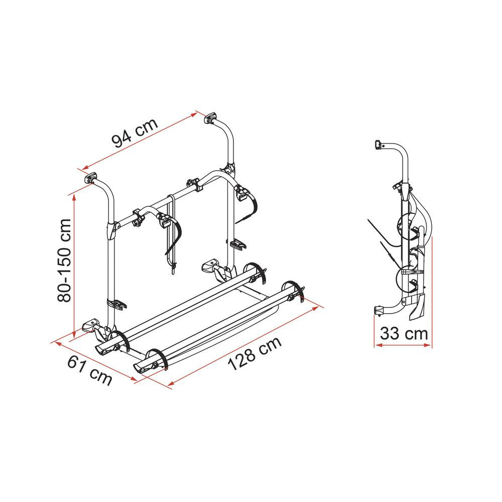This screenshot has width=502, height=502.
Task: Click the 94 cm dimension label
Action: click(x=135, y=132)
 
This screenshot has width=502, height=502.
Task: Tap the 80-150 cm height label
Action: click(x=64, y=261)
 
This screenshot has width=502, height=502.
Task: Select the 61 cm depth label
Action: click(x=90, y=370)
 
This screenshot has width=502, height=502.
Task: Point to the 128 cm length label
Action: click(x=255, y=353)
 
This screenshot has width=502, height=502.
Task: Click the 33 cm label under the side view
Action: click(x=404, y=334)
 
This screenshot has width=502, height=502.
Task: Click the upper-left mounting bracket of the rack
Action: click(x=90, y=178)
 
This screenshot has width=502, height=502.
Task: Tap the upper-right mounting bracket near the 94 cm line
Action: click(x=210, y=118)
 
